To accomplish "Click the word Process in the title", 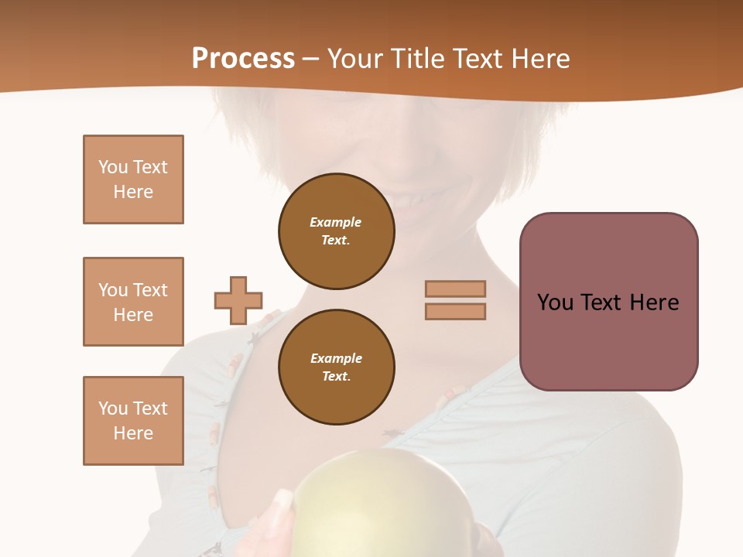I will pyautogui.click(x=243, y=59).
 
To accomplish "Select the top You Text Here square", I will pyautogui.click(x=133, y=179).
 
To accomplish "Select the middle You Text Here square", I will pyautogui.click(x=133, y=302).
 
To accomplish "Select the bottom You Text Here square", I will pyautogui.click(x=133, y=421).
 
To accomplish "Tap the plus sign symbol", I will pyautogui.click(x=238, y=300).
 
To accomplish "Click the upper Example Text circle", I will pyautogui.click(x=336, y=231).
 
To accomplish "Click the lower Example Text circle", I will pyautogui.click(x=336, y=367).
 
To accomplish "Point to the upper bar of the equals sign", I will pyautogui.click(x=455, y=289).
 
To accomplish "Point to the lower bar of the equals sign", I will pyautogui.click(x=455, y=312).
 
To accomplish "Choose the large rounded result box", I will pyautogui.click(x=608, y=302).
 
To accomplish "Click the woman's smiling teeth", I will pyautogui.click(x=410, y=200).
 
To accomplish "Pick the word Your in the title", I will pyautogui.click(x=358, y=59).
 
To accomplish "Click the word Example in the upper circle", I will pyautogui.click(x=336, y=223).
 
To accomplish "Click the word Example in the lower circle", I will pyautogui.click(x=336, y=359).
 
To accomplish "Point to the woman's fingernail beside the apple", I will pyautogui.click(x=283, y=499).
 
